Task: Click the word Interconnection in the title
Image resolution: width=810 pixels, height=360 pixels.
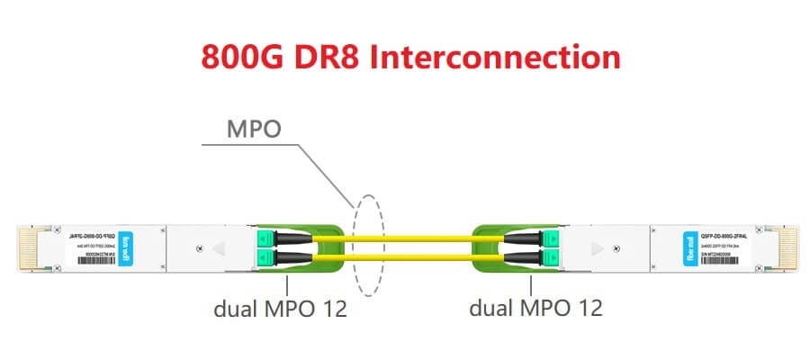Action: tap(497, 57)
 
